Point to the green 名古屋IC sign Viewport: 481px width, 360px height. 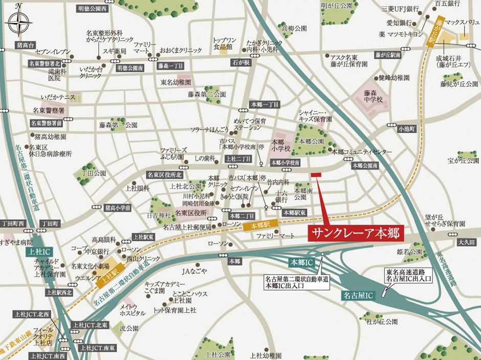358,295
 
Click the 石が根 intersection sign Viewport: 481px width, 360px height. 242,63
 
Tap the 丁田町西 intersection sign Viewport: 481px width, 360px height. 13,224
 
